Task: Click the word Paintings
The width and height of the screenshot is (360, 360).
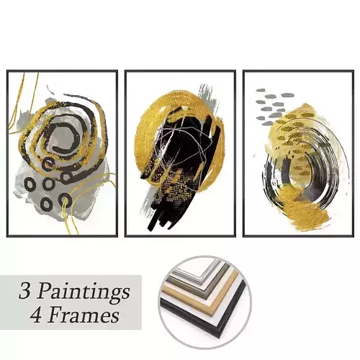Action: (x=84, y=292)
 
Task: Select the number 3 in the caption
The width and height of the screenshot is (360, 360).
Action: (x=27, y=292)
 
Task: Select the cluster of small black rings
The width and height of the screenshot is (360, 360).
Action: (x=50, y=184)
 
